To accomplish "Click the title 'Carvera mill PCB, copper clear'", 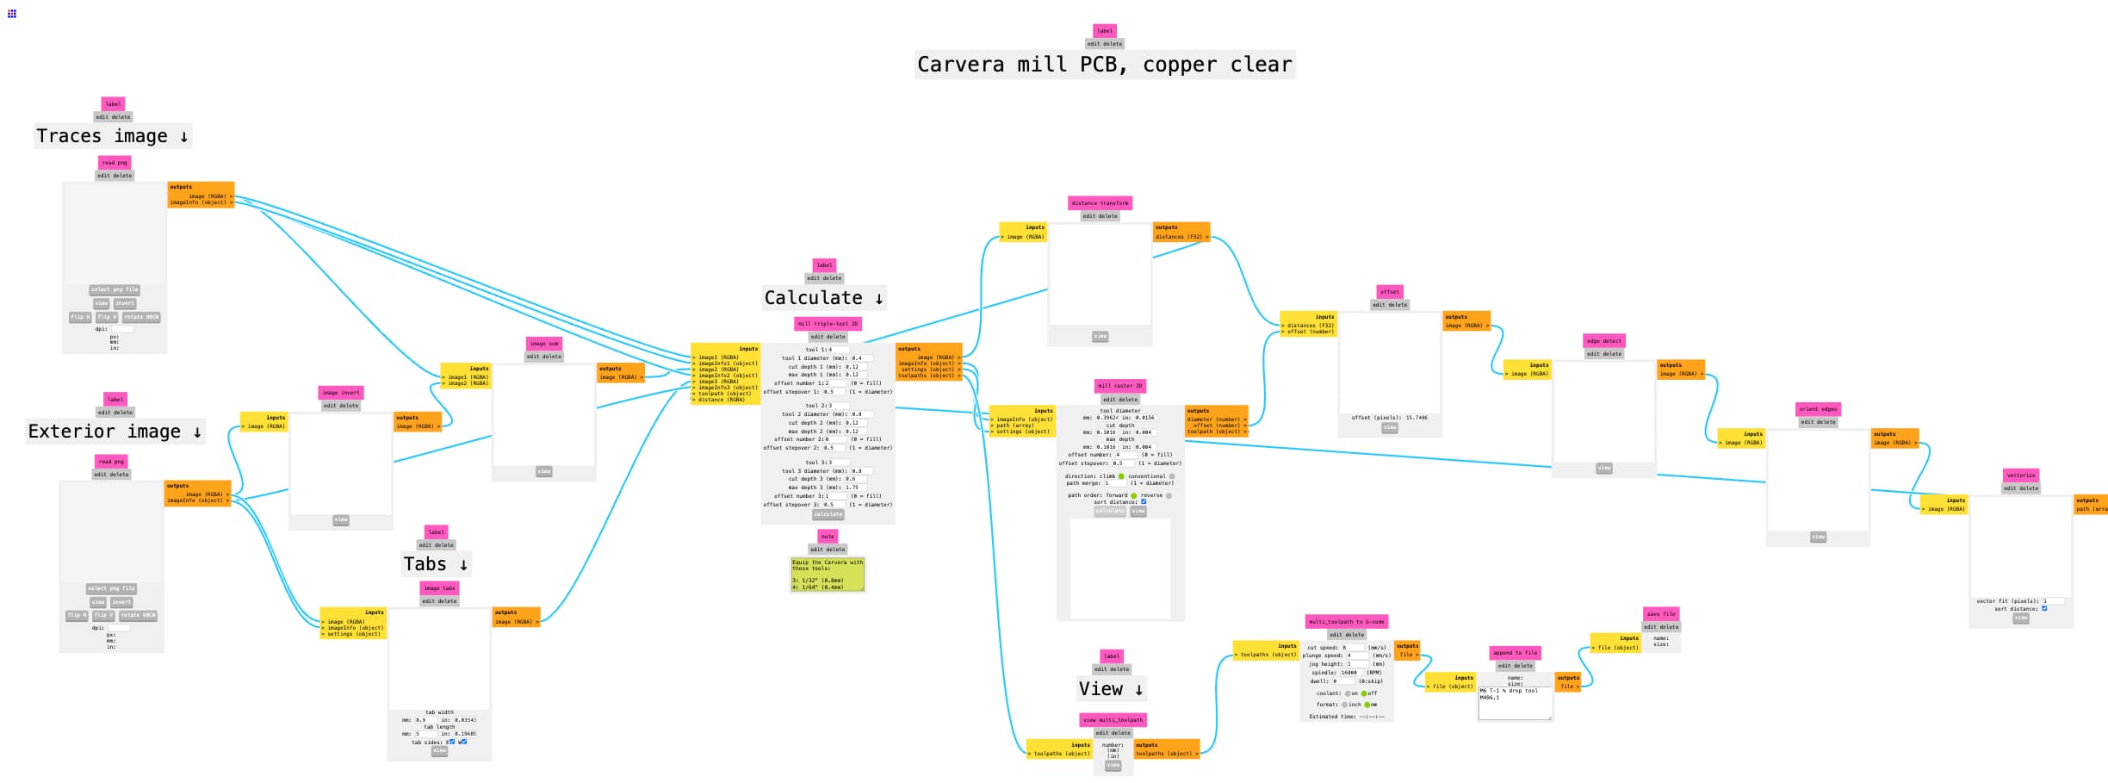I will click(x=1104, y=65).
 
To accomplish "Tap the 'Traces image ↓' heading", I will click(x=112, y=136).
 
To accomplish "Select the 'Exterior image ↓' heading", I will click(x=115, y=432).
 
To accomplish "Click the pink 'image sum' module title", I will click(x=543, y=344).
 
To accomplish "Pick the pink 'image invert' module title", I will click(x=340, y=393).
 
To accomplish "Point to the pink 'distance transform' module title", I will click(x=1100, y=203).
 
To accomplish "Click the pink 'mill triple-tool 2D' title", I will click(x=827, y=324).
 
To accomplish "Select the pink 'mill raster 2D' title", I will click(x=1119, y=386).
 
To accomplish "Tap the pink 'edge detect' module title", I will click(x=1603, y=341).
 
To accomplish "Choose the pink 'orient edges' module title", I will click(x=1817, y=409).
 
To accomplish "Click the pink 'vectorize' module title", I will click(x=2020, y=475).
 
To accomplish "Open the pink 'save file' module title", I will click(x=1660, y=614).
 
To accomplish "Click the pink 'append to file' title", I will click(x=1514, y=653).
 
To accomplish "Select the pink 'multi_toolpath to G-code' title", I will click(x=1346, y=621).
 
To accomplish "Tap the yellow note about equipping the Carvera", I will click(x=827, y=574).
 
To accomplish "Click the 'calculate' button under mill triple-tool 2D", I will click(x=828, y=514).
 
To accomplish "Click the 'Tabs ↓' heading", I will click(x=436, y=564).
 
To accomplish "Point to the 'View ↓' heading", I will click(x=1111, y=689).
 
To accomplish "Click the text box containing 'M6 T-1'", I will click(x=1514, y=703).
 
